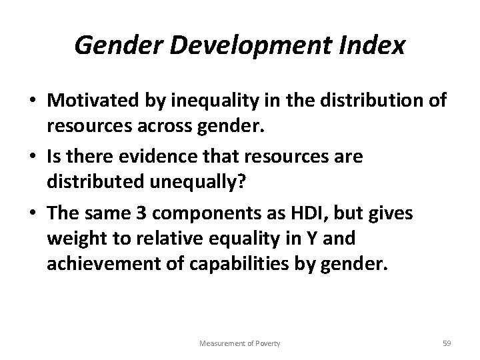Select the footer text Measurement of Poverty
pos(239,343)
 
